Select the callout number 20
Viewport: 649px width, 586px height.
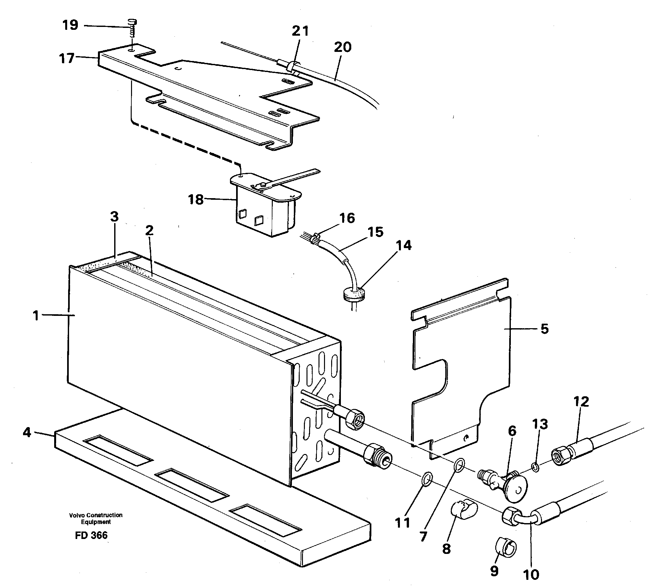(343, 47)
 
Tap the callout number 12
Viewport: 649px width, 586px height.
(581, 402)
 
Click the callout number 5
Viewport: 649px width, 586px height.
(545, 329)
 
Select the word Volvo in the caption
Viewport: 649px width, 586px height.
(75, 515)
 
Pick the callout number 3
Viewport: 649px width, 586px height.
(114, 217)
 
